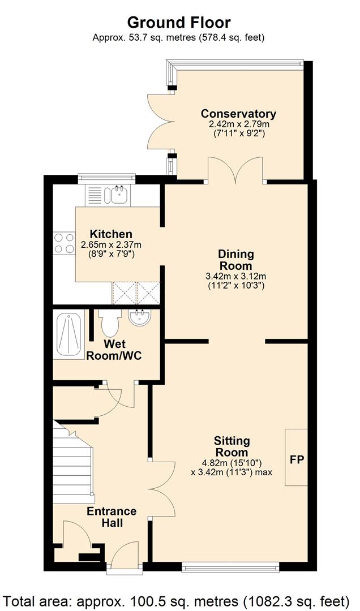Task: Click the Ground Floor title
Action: click(x=179, y=23)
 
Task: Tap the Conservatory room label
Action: click(x=238, y=114)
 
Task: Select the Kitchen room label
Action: click(x=111, y=234)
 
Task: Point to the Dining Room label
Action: click(x=235, y=260)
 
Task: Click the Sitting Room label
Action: click(x=232, y=446)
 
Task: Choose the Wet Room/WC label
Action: click(x=114, y=350)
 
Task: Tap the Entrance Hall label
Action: click(x=112, y=517)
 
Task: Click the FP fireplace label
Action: click(x=297, y=459)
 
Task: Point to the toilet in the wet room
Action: click(x=109, y=322)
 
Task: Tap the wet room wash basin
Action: click(x=140, y=317)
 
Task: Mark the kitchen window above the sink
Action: click(x=106, y=179)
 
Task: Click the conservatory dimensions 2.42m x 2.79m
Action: click(x=239, y=124)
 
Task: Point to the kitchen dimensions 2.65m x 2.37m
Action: click(x=111, y=245)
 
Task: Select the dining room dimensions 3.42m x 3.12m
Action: click(x=235, y=277)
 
